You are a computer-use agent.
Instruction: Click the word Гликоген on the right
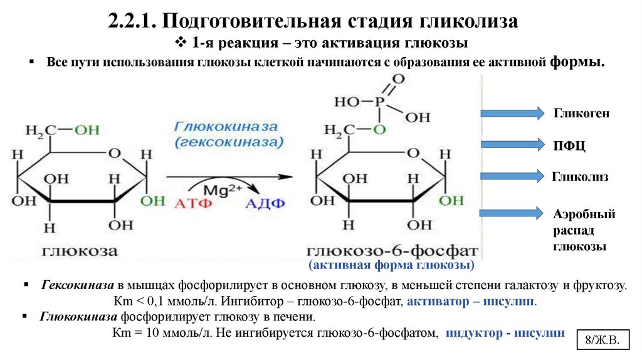(x=581, y=114)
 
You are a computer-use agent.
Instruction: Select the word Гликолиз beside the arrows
(x=581, y=177)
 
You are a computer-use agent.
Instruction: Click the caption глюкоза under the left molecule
(x=80, y=251)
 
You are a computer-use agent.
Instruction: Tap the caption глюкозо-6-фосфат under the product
(x=392, y=251)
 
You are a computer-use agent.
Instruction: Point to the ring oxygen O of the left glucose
(x=113, y=153)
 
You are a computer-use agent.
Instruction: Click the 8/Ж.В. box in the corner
(x=602, y=341)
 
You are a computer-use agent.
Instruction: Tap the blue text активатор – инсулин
(x=472, y=301)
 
